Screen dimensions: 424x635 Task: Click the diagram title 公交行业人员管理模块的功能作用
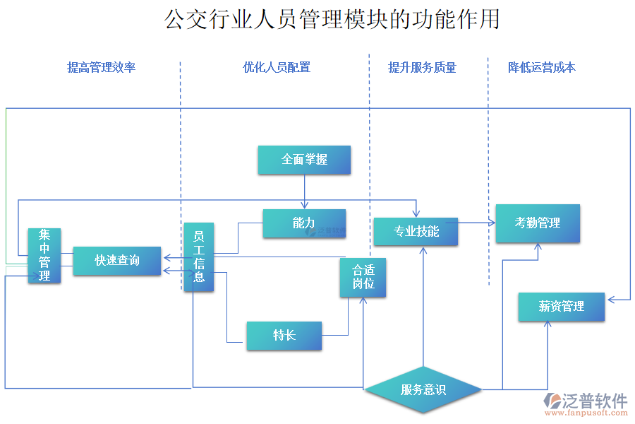(x=332, y=19)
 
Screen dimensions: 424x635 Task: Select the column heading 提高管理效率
(x=101, y=67)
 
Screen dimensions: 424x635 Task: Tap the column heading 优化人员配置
(x=277, y=67)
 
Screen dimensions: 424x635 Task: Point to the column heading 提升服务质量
(x=422, y=67)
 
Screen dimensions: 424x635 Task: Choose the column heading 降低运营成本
(x=542, y=67)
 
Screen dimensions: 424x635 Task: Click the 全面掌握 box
(x=304, y=160)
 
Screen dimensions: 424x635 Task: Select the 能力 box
(x=304, y=223)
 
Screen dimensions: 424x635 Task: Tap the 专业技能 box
(x=416, y=232)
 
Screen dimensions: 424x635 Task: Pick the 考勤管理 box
(x=538, y=223)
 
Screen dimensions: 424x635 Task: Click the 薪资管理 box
(x=562, y=307)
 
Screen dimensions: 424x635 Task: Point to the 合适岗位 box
(x=363, y=277)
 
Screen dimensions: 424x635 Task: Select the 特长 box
(x=284, y=336)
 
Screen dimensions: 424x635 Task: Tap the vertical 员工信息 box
(x=199, y=257)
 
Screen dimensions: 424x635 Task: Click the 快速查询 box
(x=117, y=261)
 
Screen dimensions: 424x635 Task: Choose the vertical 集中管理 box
(x=44, y=255)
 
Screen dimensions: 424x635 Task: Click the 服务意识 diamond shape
(x=423, y=389)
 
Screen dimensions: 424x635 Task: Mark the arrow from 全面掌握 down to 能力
(x=305, y=192)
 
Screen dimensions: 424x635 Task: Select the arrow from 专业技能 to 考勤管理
(x=476, y=223)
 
